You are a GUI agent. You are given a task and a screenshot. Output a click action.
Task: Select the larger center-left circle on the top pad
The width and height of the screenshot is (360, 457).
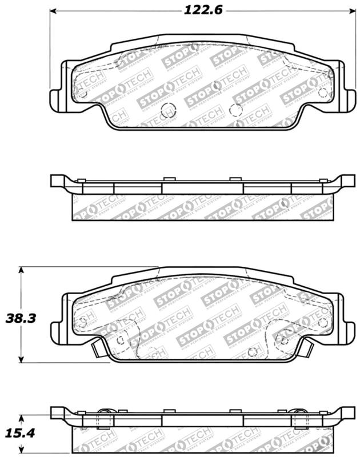[x=167, y=110]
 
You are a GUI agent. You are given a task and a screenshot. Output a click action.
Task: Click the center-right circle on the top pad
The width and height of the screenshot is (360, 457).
[x=233, y=110]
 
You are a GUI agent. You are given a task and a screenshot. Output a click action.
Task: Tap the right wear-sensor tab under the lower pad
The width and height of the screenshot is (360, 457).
[x=306, y=346]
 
